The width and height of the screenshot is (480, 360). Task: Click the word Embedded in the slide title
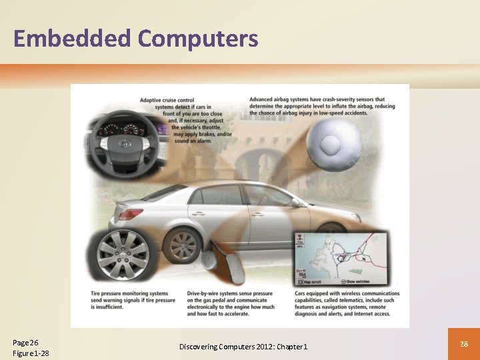point(72,39)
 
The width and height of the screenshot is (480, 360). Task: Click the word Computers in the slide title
point(198,39)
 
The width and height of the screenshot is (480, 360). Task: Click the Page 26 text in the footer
point(26,342)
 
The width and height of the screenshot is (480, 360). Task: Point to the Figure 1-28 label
point(31,353)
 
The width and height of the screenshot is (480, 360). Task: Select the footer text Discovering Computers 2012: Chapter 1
point(243,347)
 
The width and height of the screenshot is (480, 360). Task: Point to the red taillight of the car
point(131,213)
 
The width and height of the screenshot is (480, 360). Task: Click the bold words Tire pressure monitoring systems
point(131,293)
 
